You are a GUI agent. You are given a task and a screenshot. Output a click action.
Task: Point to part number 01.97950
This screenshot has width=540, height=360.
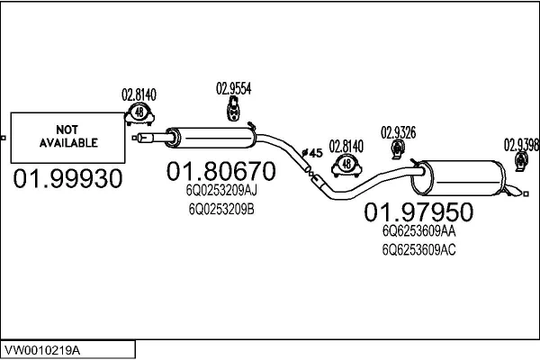(418, 212)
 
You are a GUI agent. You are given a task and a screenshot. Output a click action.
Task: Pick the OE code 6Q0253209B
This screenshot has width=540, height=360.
(221, 209)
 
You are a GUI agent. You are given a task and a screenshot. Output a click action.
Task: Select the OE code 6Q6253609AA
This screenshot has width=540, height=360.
(419, 231)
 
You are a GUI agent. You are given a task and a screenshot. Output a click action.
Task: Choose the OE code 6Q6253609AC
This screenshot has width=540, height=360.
(419, 249)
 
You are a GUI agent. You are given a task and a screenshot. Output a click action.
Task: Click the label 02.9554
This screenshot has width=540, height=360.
(233, 88)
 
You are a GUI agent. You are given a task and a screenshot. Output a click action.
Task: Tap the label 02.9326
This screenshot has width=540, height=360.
(398, 132)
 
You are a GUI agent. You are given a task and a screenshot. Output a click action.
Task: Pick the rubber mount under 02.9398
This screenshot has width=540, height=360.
(520, 161)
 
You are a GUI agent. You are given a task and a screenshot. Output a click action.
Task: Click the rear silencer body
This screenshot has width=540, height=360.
(459, 177)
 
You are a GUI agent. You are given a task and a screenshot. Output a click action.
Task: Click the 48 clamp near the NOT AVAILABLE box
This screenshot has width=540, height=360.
(139, 112)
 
